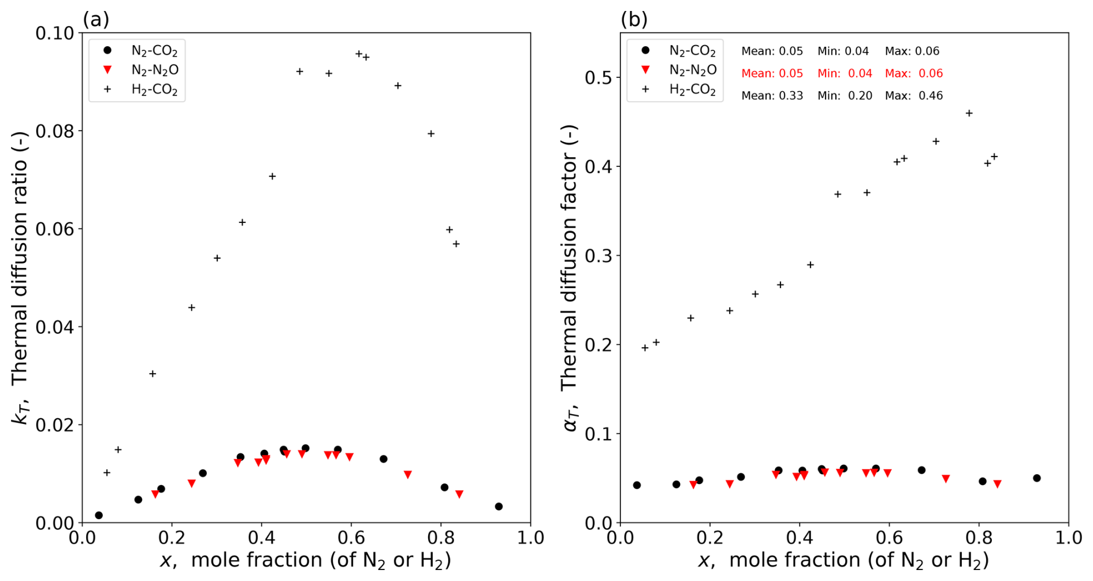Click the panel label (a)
pos(96,20)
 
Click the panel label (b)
pos(634,20)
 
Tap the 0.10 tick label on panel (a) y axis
pos(55,33)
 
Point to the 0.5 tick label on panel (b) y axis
pos(598,77)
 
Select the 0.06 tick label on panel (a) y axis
pos(55,229)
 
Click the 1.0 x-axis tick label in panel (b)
pos(1068,538)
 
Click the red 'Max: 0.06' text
pos(913,73)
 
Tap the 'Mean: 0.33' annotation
pos(772,96)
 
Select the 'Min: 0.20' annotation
pos(845,96)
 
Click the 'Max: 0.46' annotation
pos(913,96)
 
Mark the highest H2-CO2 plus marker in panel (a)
pos(359,54)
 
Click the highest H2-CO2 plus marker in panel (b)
pos(969,113)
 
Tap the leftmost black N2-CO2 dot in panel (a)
pos(99,515)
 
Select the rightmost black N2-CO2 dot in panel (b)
pos(1037,478)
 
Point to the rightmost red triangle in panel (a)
pos(459,494)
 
